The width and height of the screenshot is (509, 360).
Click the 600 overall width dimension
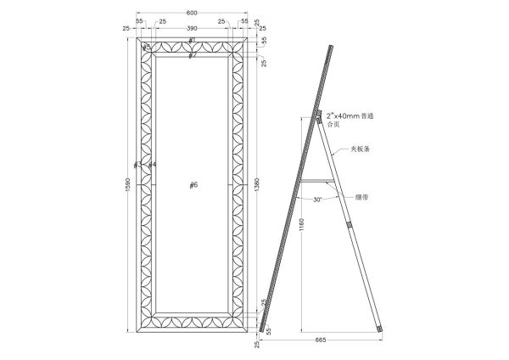point(192,12)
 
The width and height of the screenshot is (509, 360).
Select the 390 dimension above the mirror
point(192,29)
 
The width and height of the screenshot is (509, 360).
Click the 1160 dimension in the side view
point(303,224)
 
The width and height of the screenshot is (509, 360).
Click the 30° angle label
point(316,200)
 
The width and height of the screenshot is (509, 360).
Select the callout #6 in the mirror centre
point(193,185)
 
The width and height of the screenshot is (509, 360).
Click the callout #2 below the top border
point(193,55)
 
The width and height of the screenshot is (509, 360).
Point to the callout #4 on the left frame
point(152,164)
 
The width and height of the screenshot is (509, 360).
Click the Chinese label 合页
point(333,124)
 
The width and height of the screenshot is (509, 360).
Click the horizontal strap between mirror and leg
point(316,180)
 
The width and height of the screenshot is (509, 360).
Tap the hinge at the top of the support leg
point(321,118)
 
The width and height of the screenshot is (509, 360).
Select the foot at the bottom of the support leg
point(380,326)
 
